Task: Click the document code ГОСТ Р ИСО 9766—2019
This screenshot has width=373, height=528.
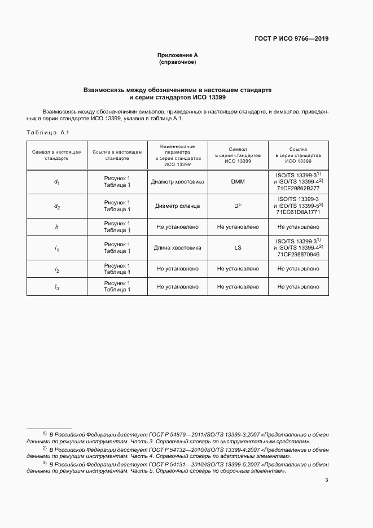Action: (x=292, y=39)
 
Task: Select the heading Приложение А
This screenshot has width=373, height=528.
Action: (x=177, y=55)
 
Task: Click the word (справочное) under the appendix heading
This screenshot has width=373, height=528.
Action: (x=177, y=62)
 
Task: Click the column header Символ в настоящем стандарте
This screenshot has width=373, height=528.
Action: (x=56, y=155)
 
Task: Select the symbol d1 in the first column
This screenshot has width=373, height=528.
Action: (x=56, y=182)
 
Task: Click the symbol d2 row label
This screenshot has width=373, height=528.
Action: (x=56, y=207)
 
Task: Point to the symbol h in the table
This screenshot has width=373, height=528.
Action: (x=56, y=227)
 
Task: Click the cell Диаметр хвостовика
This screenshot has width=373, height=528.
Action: (x=177, y=182)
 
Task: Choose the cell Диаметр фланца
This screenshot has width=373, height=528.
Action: (x=177, y=206)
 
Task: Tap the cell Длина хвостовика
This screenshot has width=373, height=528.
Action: (x=177, y=248)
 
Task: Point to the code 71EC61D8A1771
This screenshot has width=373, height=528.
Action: (x=298, y=213)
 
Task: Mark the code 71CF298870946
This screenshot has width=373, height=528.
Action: (x=298, y=255)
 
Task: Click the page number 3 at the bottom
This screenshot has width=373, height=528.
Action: (x=326, y=481)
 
